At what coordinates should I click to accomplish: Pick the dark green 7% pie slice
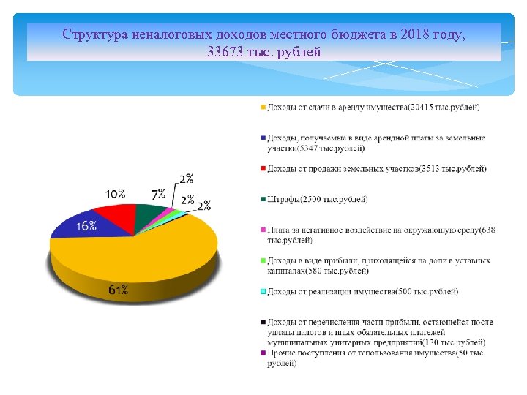tap(149, 213)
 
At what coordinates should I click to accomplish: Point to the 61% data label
tap(119, 290)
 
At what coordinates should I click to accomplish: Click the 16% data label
tap(86, 226)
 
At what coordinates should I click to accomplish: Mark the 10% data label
tap(115, 195)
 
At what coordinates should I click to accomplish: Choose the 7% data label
tap(158, 194)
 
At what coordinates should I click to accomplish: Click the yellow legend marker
tap(263, 108)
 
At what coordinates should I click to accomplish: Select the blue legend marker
tap(263, 138)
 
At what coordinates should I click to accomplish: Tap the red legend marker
tap(263, 169)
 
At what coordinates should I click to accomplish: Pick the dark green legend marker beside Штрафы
tap(263, 200)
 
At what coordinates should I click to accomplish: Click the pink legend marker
tap(263, 230)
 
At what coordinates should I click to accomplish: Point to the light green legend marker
tap(263, 261)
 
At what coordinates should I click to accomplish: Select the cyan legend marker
tap(263, 292)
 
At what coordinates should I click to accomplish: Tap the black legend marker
tap(263, 323)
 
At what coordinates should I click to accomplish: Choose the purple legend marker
tap(263, 354)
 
